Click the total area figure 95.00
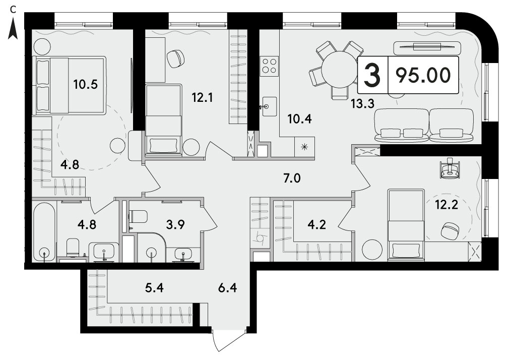(x=423, y=75)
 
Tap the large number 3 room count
(x=372, y=75)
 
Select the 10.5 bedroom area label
(x=86, y=85)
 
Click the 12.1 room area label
(x=203, y=97)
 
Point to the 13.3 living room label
(x=362, y=103)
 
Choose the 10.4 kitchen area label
(x=299, y=119)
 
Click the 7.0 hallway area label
(x=292, y=178)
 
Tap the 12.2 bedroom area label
(x=446, y=205)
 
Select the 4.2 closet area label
(x=317, y=225)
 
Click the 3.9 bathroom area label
(x=176, y=225)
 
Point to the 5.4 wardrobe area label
(x=154, y=288)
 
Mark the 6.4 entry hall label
(x=228, y=288)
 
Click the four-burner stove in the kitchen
(x=269, y=66)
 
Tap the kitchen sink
(x=269, y=106)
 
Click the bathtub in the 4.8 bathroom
(x=44, y=232)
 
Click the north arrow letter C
(x=13, y=10)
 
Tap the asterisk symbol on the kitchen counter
(x=304, y=147)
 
